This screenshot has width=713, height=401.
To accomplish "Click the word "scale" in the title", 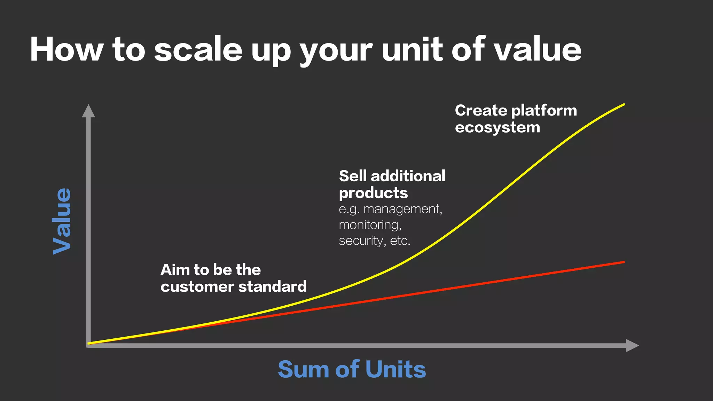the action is (x=198, y=49).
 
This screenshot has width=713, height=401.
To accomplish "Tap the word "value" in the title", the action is (x=538, y=49).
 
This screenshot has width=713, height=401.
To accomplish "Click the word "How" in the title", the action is (x=66, y=49).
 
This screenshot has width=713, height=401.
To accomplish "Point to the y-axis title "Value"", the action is (x=62, y=221).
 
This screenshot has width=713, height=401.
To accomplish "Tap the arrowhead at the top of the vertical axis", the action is (x=88, y=111).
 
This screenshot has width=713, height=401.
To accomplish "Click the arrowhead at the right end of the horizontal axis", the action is (x=632, y=345).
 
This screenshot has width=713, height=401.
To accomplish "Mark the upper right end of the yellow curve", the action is (x=625, y=104).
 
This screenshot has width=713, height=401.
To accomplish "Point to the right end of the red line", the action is (x=625, y=262).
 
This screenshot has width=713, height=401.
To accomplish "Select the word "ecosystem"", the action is (x=497, y=127).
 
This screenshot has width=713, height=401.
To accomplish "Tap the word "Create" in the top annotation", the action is (x=481, y=110).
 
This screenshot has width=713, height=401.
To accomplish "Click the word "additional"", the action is (x=408, y=176).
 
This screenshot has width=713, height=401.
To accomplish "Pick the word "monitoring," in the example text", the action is (x=370, y=225).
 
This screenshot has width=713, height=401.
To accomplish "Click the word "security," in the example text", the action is (x=362, y=241).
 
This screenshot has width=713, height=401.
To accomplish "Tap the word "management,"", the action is (x=403, y=210).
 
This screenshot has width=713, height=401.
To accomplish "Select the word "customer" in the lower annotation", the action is (x=197, y=287).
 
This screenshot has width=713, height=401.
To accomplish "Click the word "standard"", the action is (x=272, y=286).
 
